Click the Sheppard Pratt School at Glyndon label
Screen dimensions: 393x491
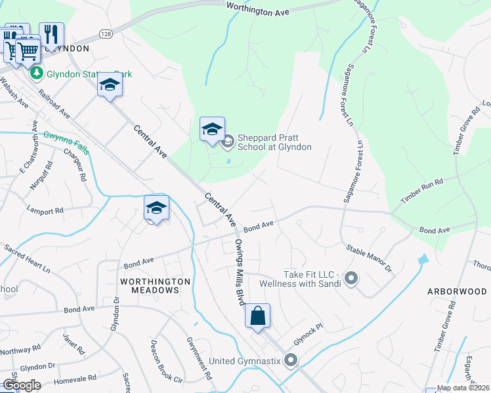tap(274, 142)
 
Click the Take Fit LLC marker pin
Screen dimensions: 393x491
tap(351, 279)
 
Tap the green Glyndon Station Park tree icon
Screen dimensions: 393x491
tap(37, 73)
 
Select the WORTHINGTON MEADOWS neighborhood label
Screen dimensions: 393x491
tap(156, 286)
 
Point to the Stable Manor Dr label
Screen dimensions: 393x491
tap(368, 259)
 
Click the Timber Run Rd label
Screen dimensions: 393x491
tap(422, 189)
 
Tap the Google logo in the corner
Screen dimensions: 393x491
tap(21, 385)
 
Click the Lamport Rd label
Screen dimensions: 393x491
tap(45, 211)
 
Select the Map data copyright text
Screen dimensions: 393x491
tap(463, 388)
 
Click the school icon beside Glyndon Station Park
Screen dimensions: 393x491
tap(110, 85)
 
